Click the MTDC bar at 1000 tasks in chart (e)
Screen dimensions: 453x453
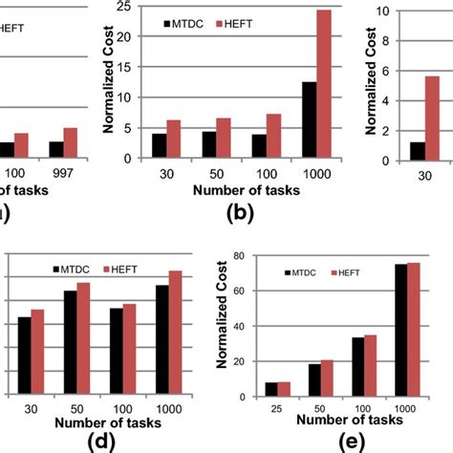pyautogui.click(x=400, y=331)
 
